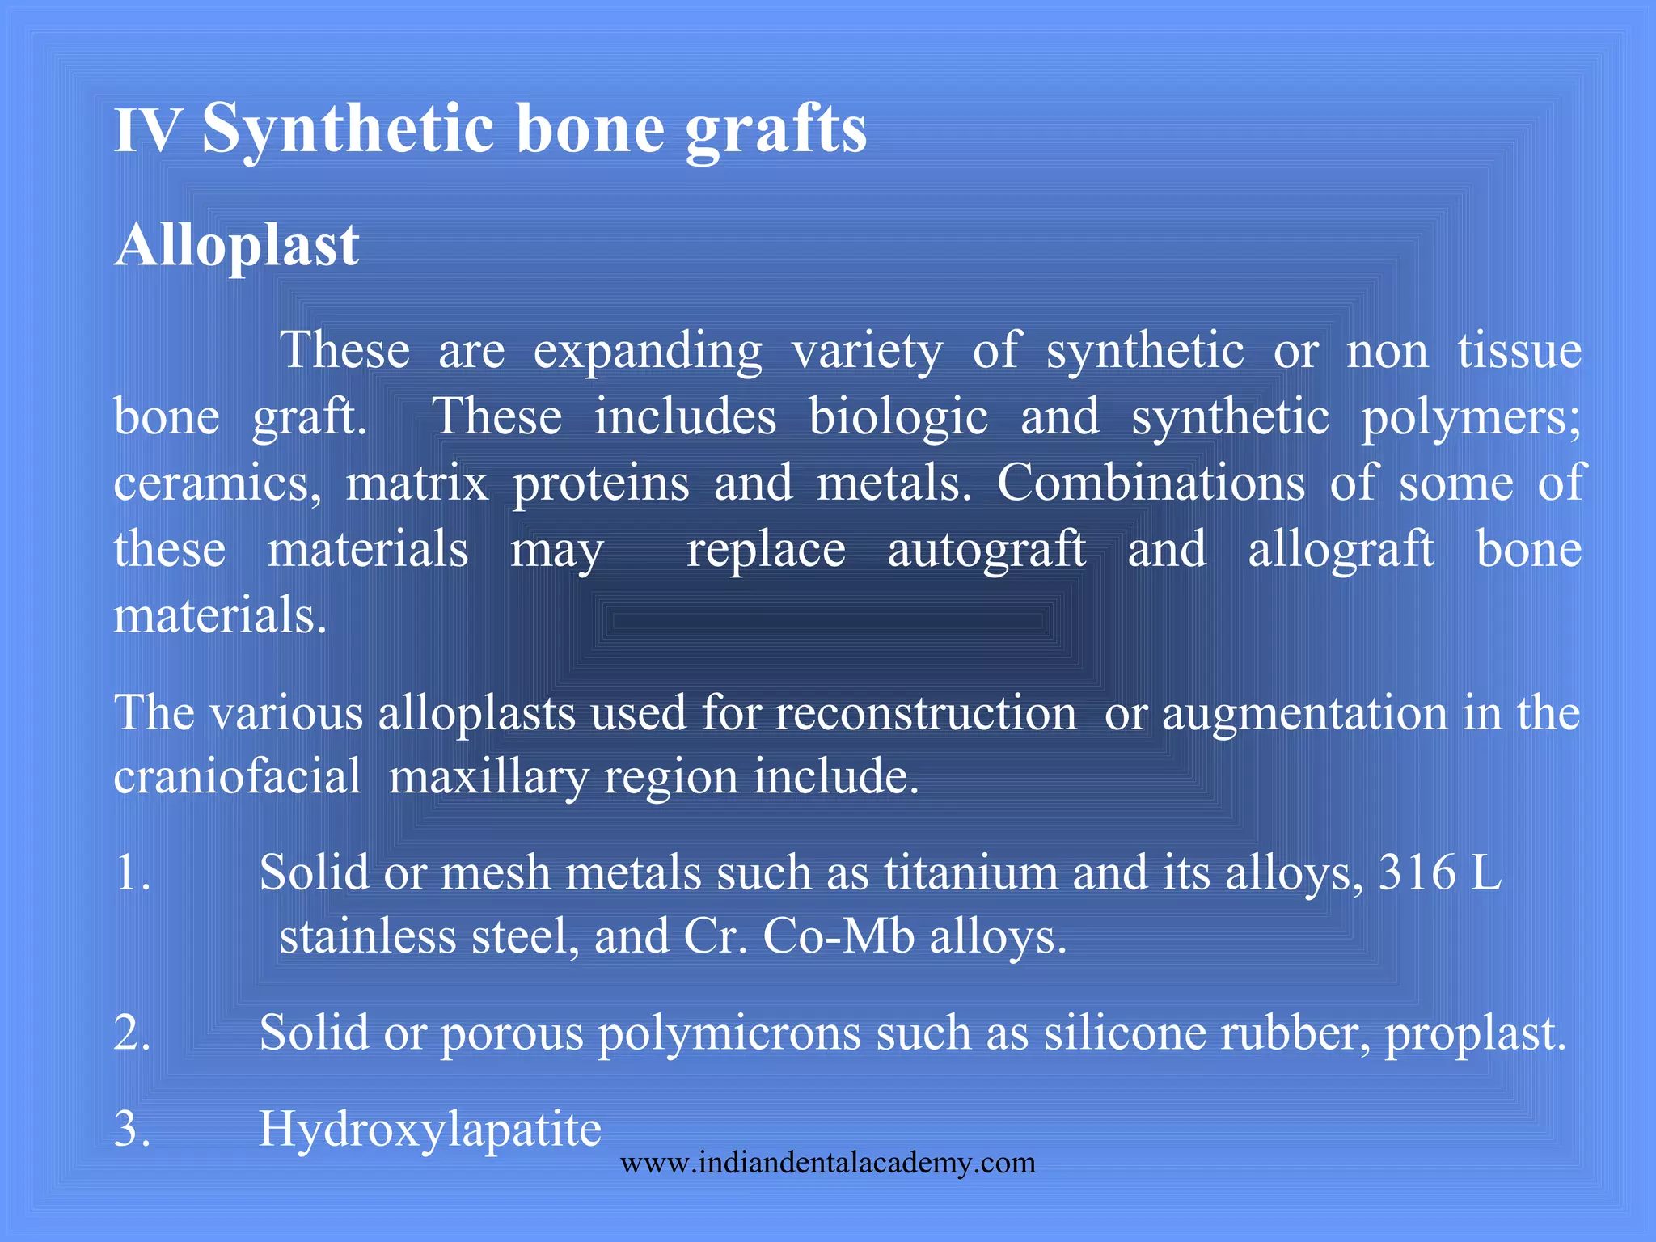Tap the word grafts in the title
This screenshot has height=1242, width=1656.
tap(776, 132)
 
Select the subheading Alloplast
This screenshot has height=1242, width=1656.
tap(236, 245)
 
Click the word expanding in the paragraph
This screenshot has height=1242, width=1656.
tap(648, 353)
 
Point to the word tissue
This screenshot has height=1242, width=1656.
tap(1519, 351)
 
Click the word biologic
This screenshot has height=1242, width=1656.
tap(898, 419)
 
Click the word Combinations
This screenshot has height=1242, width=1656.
tap(1151, 484)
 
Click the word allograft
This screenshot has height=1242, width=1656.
tap(1341, 550)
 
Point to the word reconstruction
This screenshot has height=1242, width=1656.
tap(926, 713)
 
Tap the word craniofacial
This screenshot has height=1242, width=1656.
tap(238, 778)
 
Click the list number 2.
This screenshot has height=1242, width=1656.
tap(132, 1033)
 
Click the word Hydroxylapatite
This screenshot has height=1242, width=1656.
tap(430, 1130)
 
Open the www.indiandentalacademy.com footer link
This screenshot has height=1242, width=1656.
tap(828, 1164)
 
